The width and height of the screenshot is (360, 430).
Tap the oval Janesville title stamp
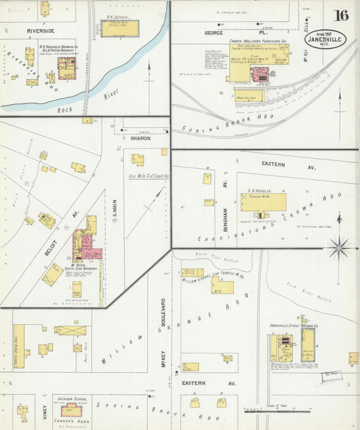pos(327,39)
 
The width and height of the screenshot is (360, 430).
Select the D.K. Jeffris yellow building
pos(119,28)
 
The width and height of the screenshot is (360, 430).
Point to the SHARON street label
pos(140,138)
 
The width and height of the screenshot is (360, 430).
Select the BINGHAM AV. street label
pos(226,201)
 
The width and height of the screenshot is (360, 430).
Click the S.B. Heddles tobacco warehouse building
pos(263,202)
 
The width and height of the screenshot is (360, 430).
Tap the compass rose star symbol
pos(338,247)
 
